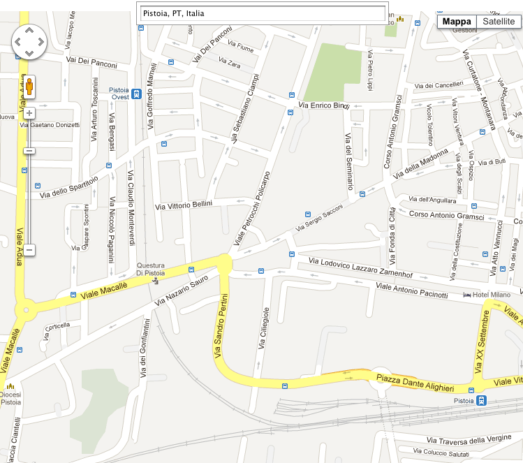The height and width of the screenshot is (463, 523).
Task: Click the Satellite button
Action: click(x=499, y=22)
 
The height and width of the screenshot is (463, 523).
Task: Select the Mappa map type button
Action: click(x=457, y=22)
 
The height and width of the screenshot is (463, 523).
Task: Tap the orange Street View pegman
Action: click(x=29, y=88)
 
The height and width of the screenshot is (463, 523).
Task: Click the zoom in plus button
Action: click(x=29, y=113)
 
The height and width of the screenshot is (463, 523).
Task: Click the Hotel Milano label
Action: click(x=492, y=295)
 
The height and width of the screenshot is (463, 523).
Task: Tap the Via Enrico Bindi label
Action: click(x=323, y=105)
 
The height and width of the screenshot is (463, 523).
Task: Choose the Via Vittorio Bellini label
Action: click(x=193, y=205)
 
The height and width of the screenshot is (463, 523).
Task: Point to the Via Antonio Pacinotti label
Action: click(x=411, y=291)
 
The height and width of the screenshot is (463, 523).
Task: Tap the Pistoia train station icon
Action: click(x=482, y=401)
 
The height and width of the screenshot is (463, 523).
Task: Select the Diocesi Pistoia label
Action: click(x=10, y=398)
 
